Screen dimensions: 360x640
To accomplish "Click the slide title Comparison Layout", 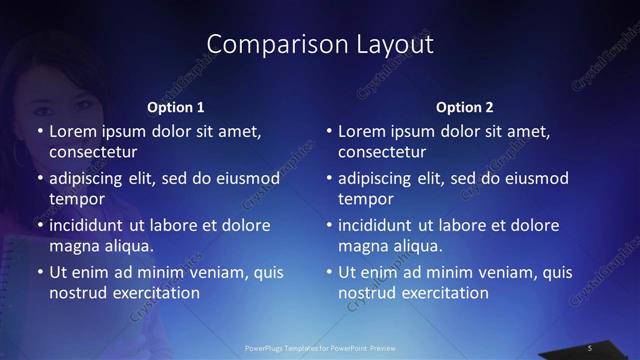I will pos(320,44).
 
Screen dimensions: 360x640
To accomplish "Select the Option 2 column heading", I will pos(465,107).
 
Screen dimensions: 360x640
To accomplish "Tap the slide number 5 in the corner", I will pos(590,347).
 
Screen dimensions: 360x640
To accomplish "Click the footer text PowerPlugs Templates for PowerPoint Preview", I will pos(320,347).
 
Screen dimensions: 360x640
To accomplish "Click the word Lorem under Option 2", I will pos(361,131).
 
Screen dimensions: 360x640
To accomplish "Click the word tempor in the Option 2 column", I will pos(366,199).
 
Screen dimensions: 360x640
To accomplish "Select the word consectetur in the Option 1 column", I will pos(93,152).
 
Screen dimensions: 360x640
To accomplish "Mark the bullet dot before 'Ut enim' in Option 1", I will pos(39,272).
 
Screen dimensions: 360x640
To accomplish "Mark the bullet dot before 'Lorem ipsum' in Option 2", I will pos(328,131).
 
